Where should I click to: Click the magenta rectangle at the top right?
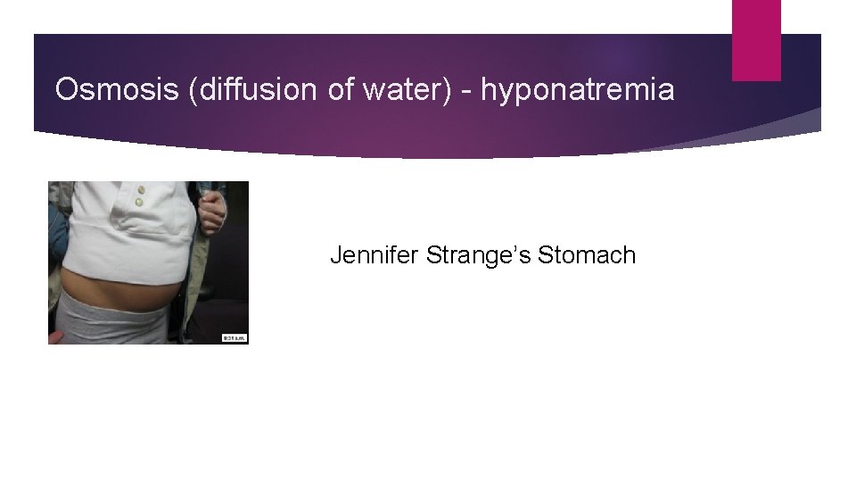tap(756, 40)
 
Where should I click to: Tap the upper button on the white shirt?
tap(139, 190)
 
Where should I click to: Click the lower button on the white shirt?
tap(139, 204)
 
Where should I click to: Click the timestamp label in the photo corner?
tap(235, 337)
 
